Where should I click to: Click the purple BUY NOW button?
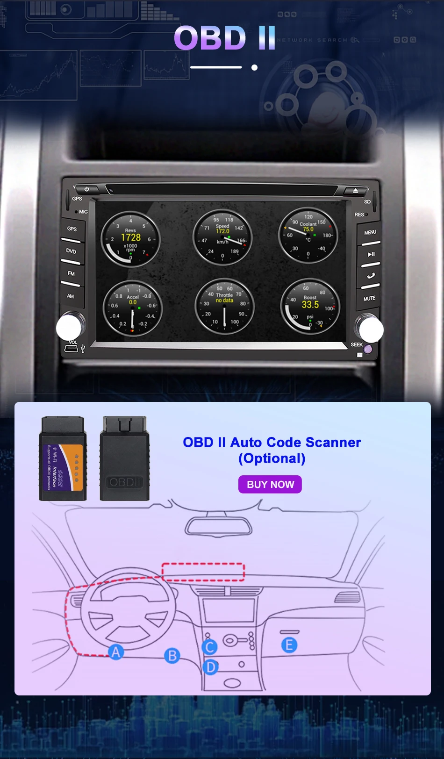point(270,485)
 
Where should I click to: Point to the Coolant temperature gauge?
point(308,235)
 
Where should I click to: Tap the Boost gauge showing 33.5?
point(310,306)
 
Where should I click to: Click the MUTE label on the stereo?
point(369,298)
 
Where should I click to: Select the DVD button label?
point(71,251)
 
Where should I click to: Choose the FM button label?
point(71,273)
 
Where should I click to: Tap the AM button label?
point(71,296)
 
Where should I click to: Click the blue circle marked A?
point(116,652)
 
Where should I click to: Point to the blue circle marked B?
point(172,656)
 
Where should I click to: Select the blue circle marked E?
point(289,645)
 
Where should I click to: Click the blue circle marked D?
point(211,667)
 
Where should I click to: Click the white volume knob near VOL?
point(69,327)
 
